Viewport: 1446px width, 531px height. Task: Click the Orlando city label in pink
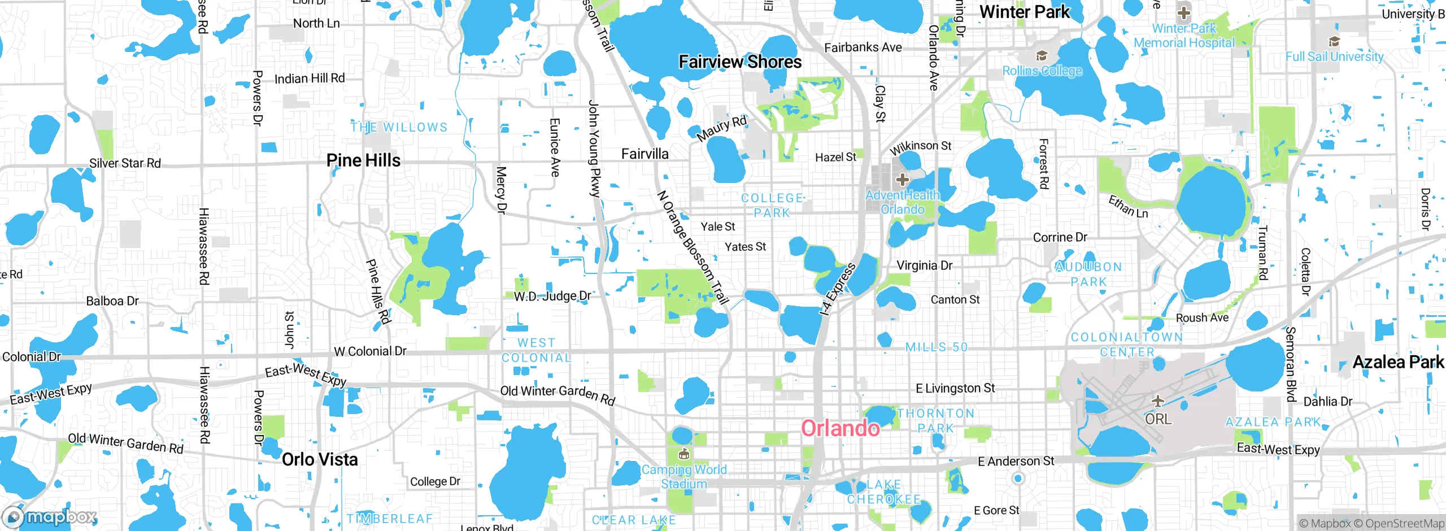[840, 428]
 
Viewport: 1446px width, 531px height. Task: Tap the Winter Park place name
[1025, 12]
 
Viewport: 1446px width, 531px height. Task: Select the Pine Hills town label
[363, 160]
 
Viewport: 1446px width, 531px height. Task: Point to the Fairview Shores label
[740, 62]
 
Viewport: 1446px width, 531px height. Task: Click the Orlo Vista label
[320, 459]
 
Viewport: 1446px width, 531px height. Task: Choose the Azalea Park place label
[1398, 362]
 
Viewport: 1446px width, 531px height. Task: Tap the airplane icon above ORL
[1158, 401]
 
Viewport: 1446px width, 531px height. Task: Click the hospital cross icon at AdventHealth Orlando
[903, 180]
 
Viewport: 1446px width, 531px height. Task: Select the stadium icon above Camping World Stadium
[683, 454]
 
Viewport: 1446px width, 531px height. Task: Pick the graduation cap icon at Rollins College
[1042, 55]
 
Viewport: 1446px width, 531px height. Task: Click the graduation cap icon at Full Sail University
[1334, 41]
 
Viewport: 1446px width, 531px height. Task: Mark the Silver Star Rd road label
[125, 163]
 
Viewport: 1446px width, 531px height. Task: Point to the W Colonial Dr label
[370, 351]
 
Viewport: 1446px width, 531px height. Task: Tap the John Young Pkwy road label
[594, 149]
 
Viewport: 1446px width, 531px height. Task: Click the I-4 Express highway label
[838, 289]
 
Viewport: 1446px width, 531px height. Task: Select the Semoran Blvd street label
[1291, 364]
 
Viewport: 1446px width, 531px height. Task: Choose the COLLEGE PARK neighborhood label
[772, 206]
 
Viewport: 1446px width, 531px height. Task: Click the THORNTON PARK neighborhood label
[936, 420]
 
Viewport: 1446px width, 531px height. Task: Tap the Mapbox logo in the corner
[50, 516]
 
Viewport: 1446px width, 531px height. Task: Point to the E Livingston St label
[955, 388]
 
